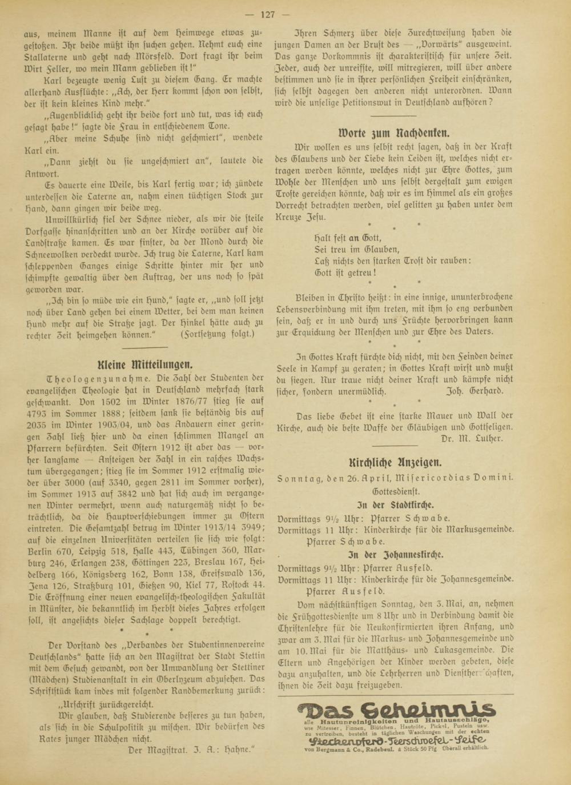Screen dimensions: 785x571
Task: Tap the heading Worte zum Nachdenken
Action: coord(393,134)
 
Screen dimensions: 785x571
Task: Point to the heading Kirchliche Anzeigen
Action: coord(395,462)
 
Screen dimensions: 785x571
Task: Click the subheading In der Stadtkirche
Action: coord(395,504)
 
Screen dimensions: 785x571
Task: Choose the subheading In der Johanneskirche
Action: coord(396,554)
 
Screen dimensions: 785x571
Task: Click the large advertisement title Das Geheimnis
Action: coord(396,711)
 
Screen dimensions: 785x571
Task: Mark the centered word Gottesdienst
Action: coord(396,491)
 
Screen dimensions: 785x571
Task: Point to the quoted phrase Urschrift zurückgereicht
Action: coord(106,704)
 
